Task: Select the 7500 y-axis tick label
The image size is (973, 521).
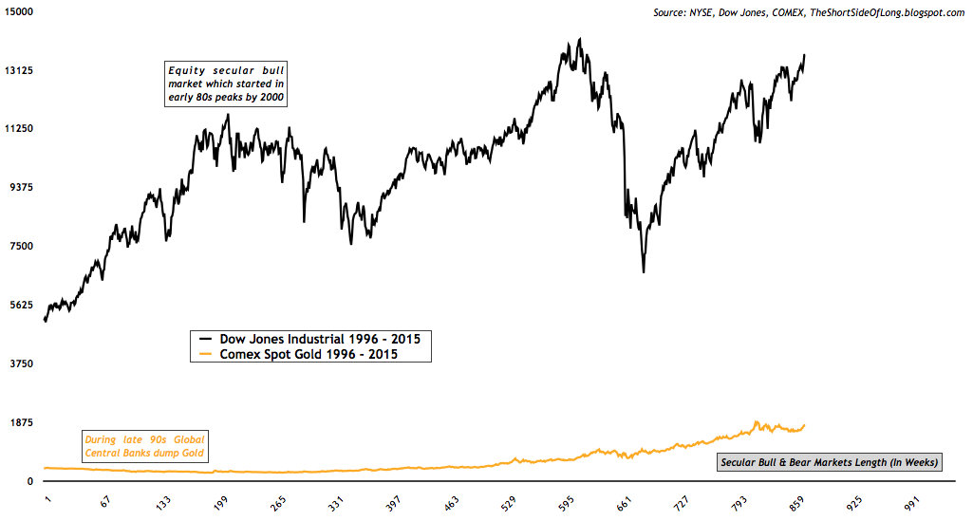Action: (21, 246)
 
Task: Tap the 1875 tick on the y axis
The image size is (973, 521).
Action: (21, 422)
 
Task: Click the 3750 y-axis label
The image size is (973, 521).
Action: (21, 363)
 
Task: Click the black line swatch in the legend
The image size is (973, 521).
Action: (204, 338)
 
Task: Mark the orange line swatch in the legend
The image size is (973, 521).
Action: (204, 354)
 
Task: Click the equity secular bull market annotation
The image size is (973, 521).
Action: (225, 84)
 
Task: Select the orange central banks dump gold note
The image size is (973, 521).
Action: (145, 446)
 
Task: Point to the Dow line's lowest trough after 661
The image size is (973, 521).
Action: (644, 272)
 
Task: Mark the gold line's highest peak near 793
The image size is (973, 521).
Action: (757, 421)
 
